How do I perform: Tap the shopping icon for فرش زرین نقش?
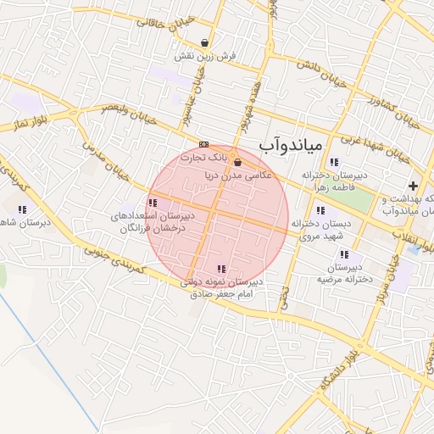click(x=205, y=42)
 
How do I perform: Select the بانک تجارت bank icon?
click(x=203, y=144)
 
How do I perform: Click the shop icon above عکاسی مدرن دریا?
click(x=236, y=163)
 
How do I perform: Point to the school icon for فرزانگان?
click(x=152, y=203)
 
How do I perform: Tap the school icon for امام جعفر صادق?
click(x=222, y=269)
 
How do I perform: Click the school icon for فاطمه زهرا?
click(x=334, y=162)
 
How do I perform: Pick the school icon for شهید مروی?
click(x=320, y=210)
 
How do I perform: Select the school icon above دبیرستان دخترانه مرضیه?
click(x=343, y=254)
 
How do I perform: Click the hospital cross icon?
click(x=413, y=186)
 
